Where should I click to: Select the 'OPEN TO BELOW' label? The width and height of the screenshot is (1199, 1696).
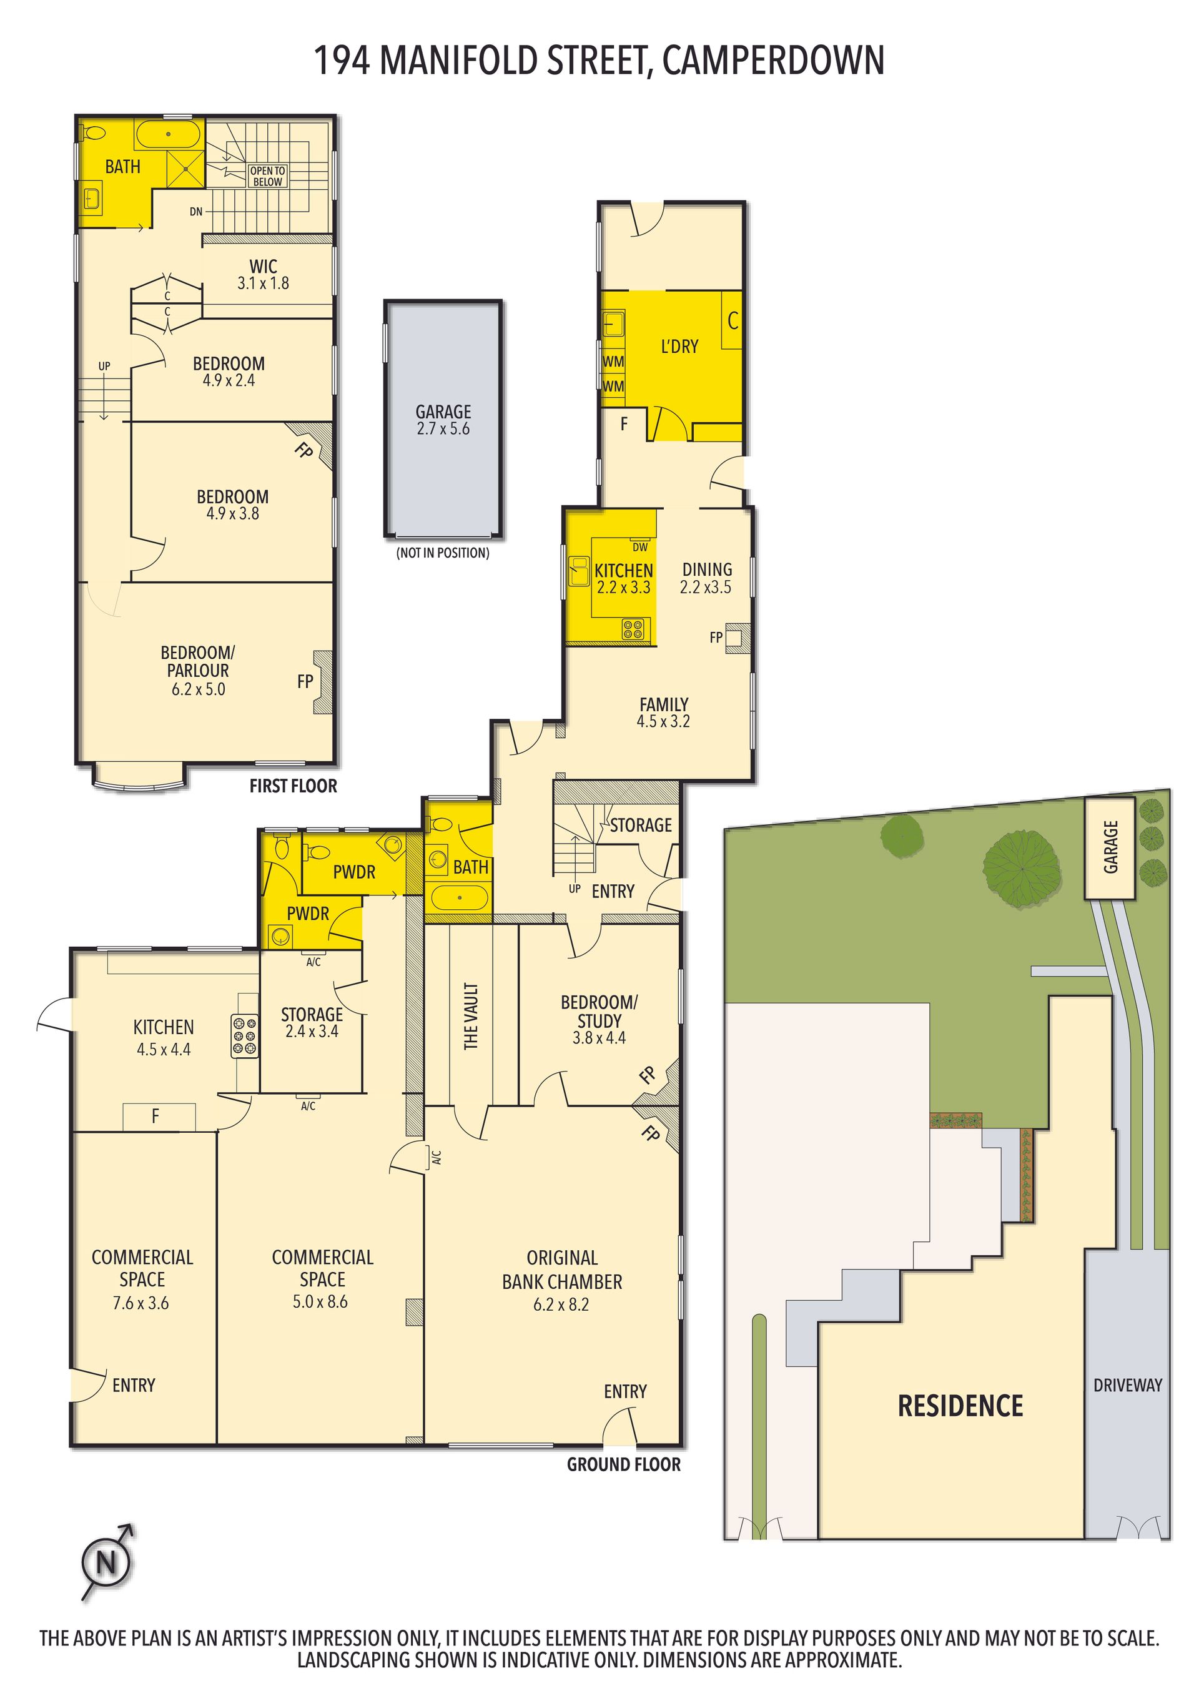(267, 176)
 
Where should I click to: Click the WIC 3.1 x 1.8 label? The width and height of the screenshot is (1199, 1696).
(263, 274)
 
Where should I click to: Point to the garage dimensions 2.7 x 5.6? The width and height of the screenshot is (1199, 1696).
(443, 429)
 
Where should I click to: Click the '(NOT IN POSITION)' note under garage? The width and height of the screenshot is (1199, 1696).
(443, 553)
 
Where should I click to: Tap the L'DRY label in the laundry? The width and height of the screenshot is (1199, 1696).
(679, 347)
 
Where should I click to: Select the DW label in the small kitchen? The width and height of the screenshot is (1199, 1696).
(639, 548)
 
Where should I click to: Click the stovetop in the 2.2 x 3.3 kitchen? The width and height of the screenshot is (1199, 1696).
(633, 629)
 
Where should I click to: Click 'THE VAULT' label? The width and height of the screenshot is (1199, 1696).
(471, 1016)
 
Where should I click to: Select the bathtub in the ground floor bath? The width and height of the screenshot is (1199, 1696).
(460, 898)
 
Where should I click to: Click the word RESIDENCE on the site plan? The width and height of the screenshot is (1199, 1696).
(960, 1406)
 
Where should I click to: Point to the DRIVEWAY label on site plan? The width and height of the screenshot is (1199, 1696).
(1128, 1385)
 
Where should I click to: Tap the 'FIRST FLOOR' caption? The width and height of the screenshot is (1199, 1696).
(294, 786)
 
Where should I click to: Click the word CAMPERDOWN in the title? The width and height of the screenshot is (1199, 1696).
(774, 61)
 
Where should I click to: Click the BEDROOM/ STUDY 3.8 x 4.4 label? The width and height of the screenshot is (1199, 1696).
(599, 1019)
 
